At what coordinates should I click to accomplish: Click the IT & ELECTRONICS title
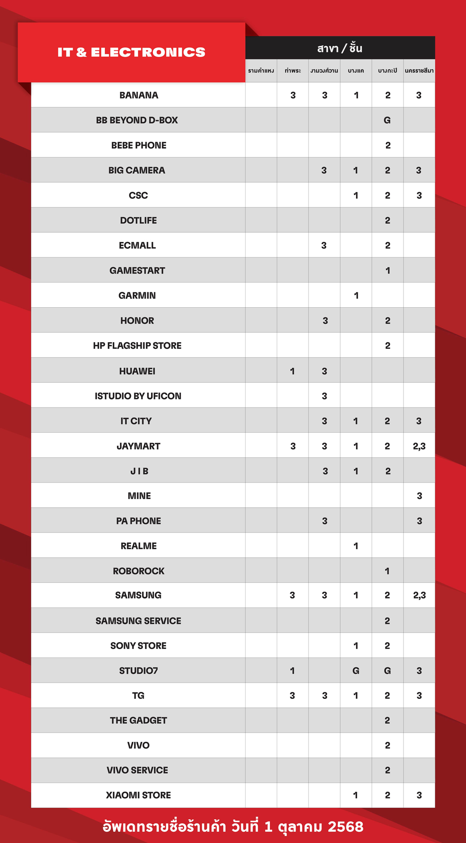[131, 52]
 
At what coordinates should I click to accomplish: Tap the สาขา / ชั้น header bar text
[340, 48]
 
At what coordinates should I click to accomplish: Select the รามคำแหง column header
[261, 71]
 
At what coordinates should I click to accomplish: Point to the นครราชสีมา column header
[419, 71]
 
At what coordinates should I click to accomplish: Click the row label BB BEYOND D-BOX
[137, 120]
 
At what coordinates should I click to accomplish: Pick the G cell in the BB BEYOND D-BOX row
[387, 120]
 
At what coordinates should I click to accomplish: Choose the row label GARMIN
[137, 296]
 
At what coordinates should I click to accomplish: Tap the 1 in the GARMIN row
[356, 296]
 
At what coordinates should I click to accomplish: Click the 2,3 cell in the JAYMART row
[419, 446]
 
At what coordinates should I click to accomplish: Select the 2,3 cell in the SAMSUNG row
[419, 595]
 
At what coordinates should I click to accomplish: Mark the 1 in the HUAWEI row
[293, 371]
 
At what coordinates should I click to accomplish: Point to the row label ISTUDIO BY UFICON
[138, 396]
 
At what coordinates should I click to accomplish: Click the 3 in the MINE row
[419, 496]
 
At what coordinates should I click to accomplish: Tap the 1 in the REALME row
[356, 546]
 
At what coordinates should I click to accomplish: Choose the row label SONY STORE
[138, 646]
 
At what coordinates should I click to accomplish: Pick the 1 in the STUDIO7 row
[293, 671]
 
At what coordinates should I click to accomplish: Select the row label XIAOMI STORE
[138, 795]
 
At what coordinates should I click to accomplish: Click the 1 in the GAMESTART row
[387, 271]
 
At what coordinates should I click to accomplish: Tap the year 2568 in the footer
[345, 827]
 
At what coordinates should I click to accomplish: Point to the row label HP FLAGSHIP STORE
[137, 346]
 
